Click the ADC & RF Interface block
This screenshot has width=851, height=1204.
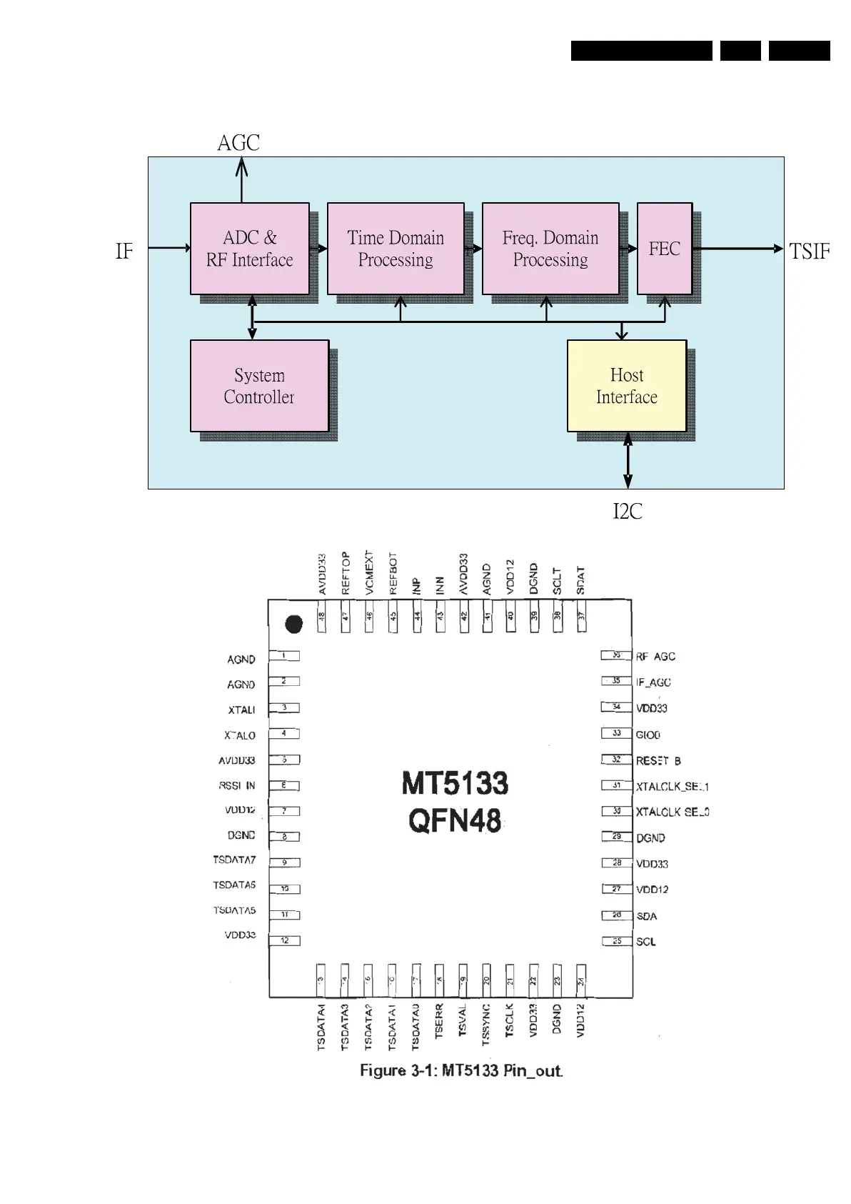pos(249,249)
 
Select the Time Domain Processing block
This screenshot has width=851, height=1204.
pos(396,249)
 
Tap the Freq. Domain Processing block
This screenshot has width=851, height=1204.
pos(550,249)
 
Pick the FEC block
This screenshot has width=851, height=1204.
pos(664,249)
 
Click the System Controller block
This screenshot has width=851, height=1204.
pos(259,386)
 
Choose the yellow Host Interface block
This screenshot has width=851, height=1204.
pos(627,386)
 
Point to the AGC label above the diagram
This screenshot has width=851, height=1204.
pos(238,143)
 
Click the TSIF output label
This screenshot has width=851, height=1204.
pos(810,252)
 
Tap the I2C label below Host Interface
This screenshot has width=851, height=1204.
pos(628,512)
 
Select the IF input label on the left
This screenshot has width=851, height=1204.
pos(124,252)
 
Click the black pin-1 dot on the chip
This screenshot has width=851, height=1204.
pos(293,624)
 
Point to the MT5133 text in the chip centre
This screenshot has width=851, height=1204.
pos(455,784)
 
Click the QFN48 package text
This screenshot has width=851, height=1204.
pos(455,820)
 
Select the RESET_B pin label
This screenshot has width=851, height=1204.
pos(658,761)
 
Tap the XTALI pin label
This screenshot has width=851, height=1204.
pos(241,710)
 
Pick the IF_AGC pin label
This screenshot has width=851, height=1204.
pos(653,682)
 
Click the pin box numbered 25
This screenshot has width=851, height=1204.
pos(617,941)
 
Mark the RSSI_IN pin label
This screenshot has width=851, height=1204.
pos(237,786)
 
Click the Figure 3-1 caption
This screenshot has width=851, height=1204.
pos(461,1070)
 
